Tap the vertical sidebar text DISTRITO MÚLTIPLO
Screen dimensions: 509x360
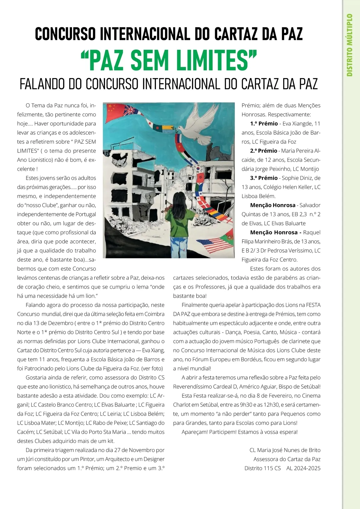349,45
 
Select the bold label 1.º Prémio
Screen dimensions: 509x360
264,124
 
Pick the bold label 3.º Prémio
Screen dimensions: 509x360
264,178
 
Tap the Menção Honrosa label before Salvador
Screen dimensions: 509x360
273,205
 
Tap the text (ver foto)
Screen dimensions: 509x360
152,369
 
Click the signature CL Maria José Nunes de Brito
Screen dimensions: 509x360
285,450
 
